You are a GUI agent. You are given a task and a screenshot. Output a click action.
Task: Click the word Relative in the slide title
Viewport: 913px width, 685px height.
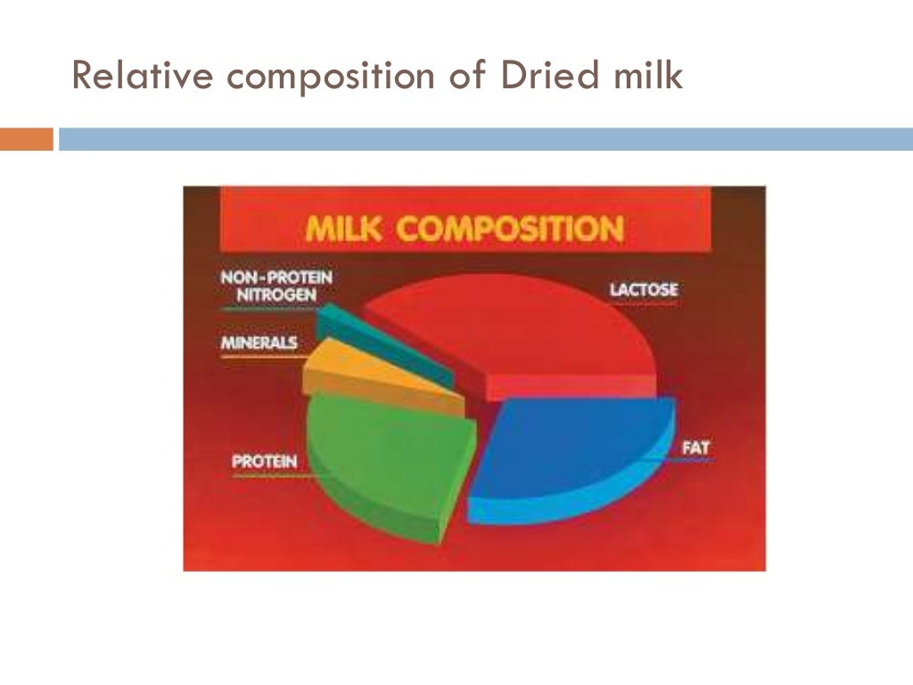[x=143, y=77]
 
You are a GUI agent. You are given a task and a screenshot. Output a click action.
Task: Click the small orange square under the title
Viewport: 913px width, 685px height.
[x=26, y=139]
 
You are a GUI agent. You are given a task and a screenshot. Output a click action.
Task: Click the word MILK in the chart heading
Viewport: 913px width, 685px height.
[x=345, y=228]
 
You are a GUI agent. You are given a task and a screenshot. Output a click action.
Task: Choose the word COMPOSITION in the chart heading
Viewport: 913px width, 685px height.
[x=510, y=228]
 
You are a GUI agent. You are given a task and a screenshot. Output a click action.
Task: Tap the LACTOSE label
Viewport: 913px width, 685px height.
[x=644, y=290]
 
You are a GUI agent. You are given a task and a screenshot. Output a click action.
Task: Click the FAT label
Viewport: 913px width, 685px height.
[x=695, y=446]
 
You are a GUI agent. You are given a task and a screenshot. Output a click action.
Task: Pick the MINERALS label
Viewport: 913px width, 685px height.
[x=259, y=342]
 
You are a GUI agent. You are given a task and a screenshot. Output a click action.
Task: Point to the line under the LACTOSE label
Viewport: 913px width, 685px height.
[x=644, y=304]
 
